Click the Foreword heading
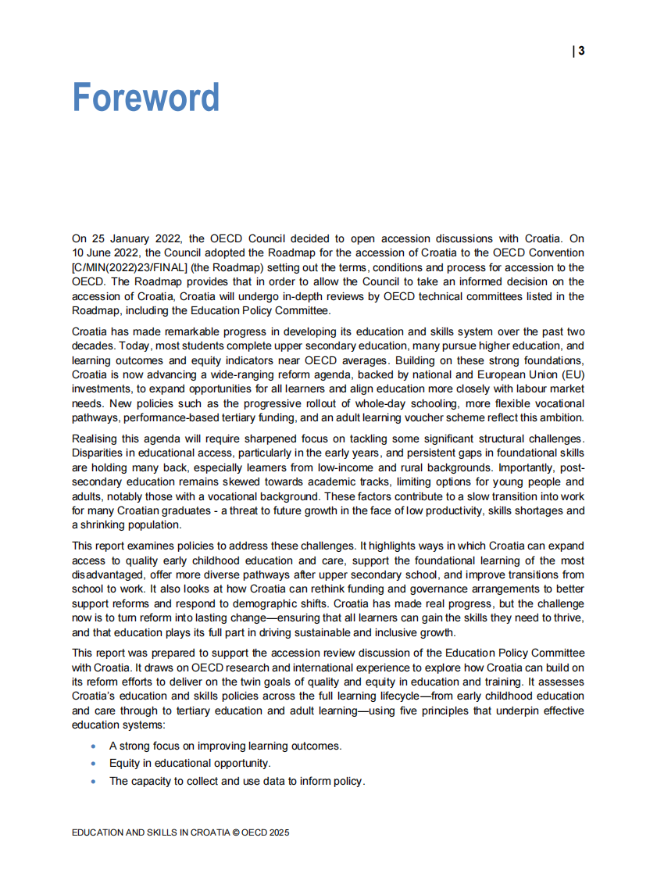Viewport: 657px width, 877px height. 145,98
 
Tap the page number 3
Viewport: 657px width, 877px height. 582,52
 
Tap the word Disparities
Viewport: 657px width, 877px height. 99,453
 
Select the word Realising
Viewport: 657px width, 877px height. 96,438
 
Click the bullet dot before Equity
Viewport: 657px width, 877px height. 94,763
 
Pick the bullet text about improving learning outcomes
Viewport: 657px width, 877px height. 225,746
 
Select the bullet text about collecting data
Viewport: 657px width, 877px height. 237,781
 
